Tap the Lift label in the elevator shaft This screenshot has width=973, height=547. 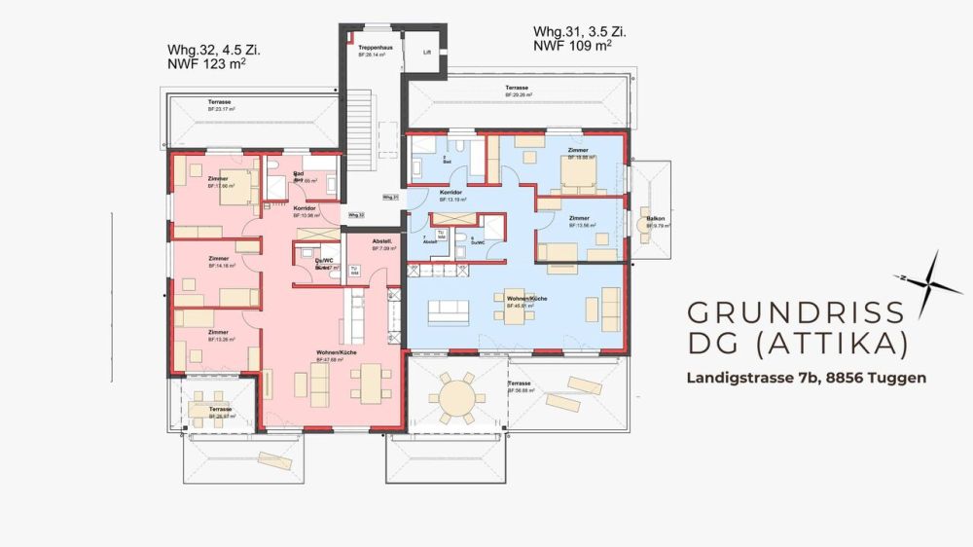coord(426,53)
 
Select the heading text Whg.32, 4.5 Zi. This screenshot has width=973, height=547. coord(213,49)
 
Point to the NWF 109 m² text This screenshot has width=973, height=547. coord(572,46)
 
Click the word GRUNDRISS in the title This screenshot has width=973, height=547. coord(796,312)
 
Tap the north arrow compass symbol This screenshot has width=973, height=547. coord(928,281)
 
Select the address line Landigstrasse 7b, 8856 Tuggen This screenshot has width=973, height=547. coord(806,377)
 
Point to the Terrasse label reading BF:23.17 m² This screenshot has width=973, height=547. coord(219,102)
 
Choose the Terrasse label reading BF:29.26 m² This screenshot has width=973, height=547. coord(517,89)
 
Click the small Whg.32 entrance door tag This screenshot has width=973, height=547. coord(356,215)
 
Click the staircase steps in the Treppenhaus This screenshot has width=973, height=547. coord(360,116)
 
